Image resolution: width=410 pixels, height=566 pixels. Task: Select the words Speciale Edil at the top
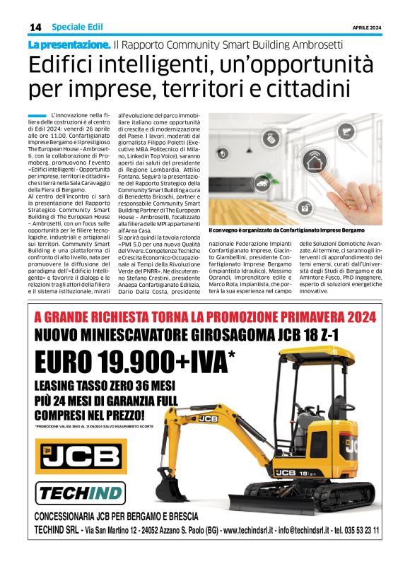coord(77,27)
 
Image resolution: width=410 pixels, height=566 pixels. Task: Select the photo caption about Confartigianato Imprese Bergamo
coord(286,230)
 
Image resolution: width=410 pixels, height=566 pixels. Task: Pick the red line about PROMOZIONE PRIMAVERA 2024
coord(204,317)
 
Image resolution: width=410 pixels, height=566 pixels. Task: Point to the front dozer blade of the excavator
coord(346,501)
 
